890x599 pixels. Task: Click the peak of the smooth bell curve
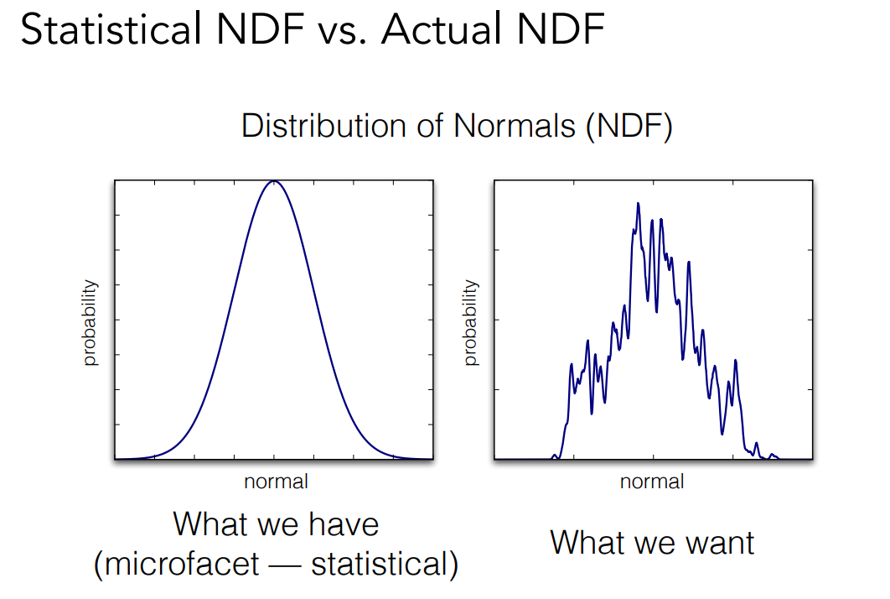pos(273,181)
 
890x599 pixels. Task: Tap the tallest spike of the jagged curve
pos(639,203)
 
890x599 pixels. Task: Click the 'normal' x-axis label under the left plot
pos(276,482)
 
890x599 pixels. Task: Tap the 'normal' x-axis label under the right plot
pos(652,482)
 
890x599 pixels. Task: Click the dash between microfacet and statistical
pos(285,564)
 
